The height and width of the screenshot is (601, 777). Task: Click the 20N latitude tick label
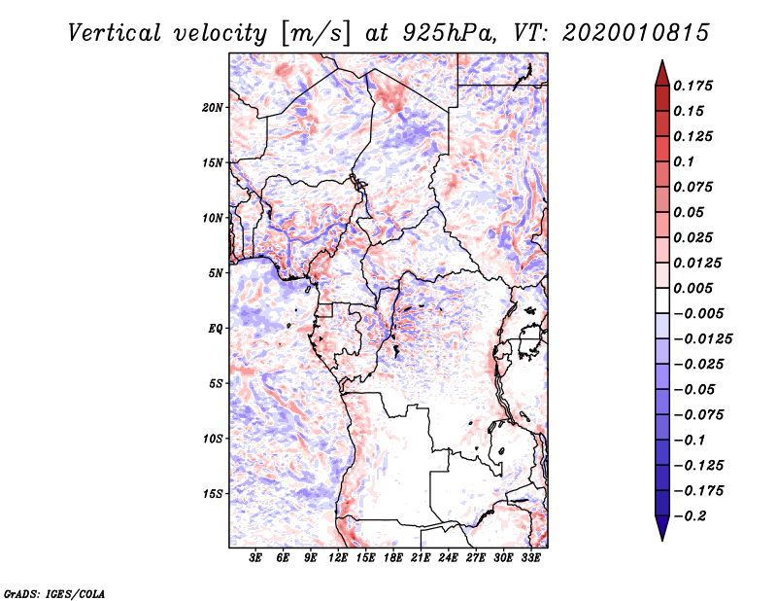213,107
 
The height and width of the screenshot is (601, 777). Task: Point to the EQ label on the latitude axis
215,329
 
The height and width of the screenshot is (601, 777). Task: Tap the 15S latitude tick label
213,494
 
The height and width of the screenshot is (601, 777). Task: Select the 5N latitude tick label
216,273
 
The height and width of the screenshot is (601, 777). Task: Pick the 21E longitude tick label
422,558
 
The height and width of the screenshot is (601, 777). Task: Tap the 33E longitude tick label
531,558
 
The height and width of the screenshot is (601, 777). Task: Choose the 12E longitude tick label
338,558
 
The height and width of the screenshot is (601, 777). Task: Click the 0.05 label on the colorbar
691,212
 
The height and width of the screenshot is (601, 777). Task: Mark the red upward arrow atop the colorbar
661,71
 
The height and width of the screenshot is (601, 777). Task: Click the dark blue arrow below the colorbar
661,528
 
